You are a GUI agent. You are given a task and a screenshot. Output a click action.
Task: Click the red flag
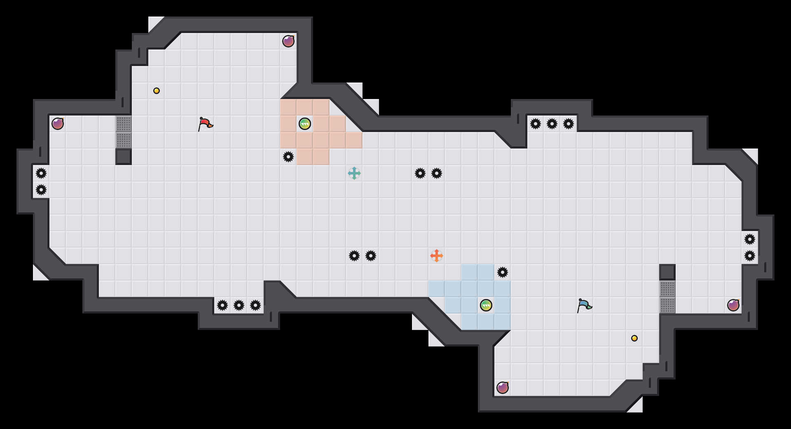coord(205,124)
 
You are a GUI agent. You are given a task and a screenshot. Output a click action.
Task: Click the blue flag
coord(584,305)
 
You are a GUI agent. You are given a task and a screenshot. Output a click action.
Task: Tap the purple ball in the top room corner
coord(288,41)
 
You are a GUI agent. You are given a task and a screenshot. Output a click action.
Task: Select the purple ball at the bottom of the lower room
coord(503,388)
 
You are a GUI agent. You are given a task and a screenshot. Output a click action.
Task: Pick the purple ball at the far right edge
coord(733,305)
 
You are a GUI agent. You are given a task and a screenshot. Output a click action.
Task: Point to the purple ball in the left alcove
coord(58,124)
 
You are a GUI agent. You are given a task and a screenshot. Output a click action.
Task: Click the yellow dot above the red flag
coord(157,91)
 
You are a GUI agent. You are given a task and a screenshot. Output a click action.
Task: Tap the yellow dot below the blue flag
coord(634,338)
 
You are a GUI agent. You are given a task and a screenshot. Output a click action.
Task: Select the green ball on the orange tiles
coord(305,124)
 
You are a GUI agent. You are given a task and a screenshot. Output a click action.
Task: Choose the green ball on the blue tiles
coord(486,305)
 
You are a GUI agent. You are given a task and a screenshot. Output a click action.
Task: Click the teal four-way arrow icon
coord(354,173)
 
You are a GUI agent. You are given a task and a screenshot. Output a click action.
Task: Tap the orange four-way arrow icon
coord(437,256)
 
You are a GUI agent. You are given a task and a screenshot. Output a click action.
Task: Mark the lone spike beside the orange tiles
coord(288,157)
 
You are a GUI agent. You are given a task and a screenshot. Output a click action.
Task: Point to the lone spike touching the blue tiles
coord(503,272)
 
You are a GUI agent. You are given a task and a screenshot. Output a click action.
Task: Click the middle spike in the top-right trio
coord(552,124)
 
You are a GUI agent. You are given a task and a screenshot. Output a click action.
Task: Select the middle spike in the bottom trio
coord(239,305)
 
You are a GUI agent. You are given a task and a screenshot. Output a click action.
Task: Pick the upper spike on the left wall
coord(41,173)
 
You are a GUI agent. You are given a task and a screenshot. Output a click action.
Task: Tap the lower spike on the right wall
coord(750,256)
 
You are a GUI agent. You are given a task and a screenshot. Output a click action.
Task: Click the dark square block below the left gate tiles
coord(124,157)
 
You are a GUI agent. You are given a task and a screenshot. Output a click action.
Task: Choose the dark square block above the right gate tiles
coord(667,272)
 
